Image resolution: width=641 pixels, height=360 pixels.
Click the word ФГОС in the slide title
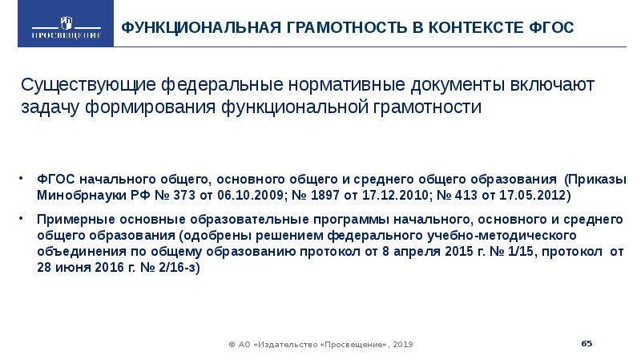(x=553, y=28)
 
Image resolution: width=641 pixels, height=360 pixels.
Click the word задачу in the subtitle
(x=51, y=107)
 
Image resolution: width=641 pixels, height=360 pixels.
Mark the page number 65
(x=587, y=343)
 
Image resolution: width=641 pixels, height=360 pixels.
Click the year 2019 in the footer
(x=403, y=344)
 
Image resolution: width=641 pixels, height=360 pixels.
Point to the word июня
(x=71, y=269)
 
